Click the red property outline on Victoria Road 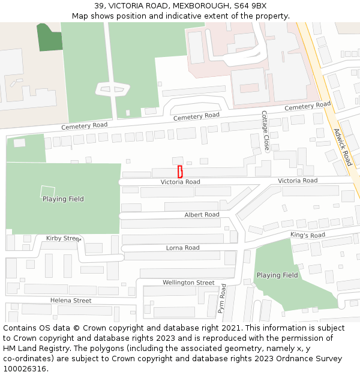tap(180, 171)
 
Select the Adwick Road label tap(343, 146)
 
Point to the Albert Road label tap(202, 215)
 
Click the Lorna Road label tap(183, 248)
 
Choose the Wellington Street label tap(188, 283)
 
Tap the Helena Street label tap(71, 301)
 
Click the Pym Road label tap(222, 299)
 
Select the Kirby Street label tap(63, 238)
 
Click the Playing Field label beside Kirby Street tap(63, 199)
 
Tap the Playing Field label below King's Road tap(277, 275)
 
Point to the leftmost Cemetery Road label tap(84, 126)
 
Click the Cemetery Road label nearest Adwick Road tap(307, 107)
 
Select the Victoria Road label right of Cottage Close tap(298, 181)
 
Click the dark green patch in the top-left tap(50, 38)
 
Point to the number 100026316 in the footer tap(23, 369)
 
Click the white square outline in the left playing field tap(47, 191)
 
